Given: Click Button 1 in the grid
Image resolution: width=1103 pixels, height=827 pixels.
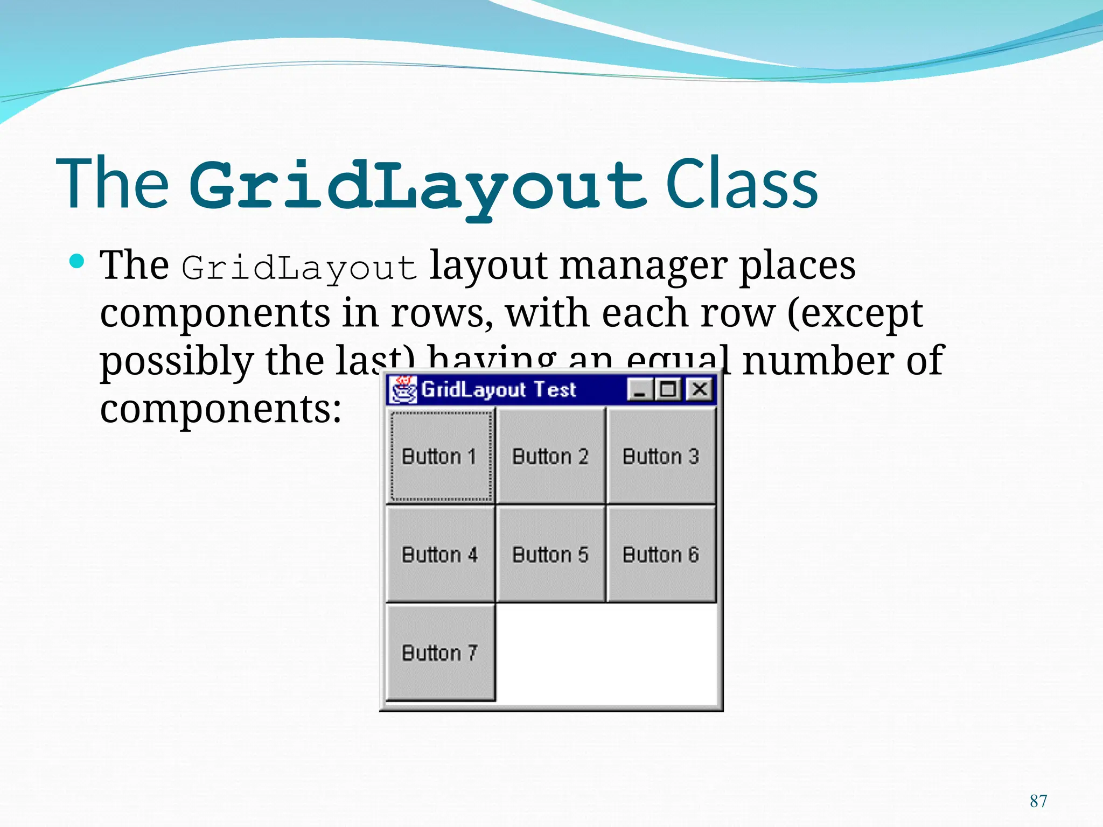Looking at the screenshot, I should (440, 456).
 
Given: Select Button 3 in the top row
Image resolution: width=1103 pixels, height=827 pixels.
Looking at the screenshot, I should (661, 456).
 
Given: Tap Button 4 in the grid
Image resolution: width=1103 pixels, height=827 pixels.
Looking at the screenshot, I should (440, 554).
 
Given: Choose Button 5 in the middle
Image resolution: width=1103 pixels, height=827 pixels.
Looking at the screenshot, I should (550, 554).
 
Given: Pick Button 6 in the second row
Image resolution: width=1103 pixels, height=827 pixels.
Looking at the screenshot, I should (661, 554).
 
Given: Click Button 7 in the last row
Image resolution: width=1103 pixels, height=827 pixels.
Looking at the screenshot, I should (440, 653).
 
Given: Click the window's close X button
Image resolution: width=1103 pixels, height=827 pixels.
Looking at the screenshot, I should (700, 389).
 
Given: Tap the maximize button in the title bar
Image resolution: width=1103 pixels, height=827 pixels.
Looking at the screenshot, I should (669, 389).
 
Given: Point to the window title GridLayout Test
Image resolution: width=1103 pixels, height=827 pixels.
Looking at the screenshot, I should (498, 389).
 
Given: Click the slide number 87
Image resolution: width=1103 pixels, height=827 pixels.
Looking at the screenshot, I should (1038, 801).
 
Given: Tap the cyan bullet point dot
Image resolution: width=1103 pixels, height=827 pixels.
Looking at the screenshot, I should (78, 262).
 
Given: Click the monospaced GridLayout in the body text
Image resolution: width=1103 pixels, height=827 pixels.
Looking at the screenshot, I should (299, 268).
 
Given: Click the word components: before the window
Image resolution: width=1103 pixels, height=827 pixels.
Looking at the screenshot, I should (221, 409).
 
